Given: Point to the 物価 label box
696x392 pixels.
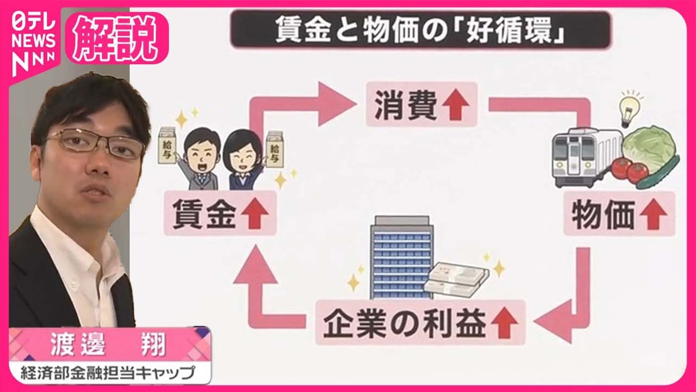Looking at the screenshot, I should click(x=619, y=213).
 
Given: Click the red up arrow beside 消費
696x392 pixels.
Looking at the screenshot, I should click(x=455, y=105).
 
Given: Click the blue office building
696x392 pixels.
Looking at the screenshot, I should click(x=401, y=256).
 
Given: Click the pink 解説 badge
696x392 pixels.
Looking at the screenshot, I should click(x=116, y=38).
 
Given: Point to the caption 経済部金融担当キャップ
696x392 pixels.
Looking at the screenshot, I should click(x=109, y=373).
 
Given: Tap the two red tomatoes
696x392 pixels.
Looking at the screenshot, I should click(x=629, y=169).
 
